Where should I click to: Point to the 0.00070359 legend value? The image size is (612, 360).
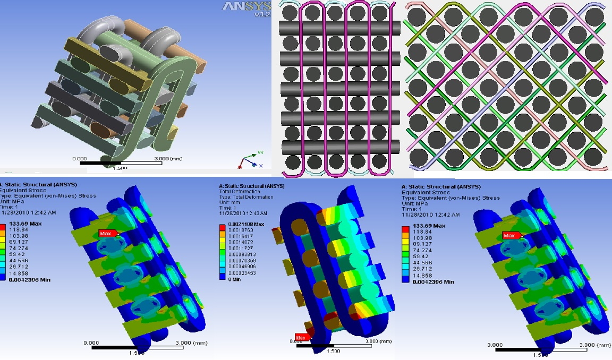tap(239, 260)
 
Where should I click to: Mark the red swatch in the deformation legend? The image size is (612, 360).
tap(222, 227)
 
